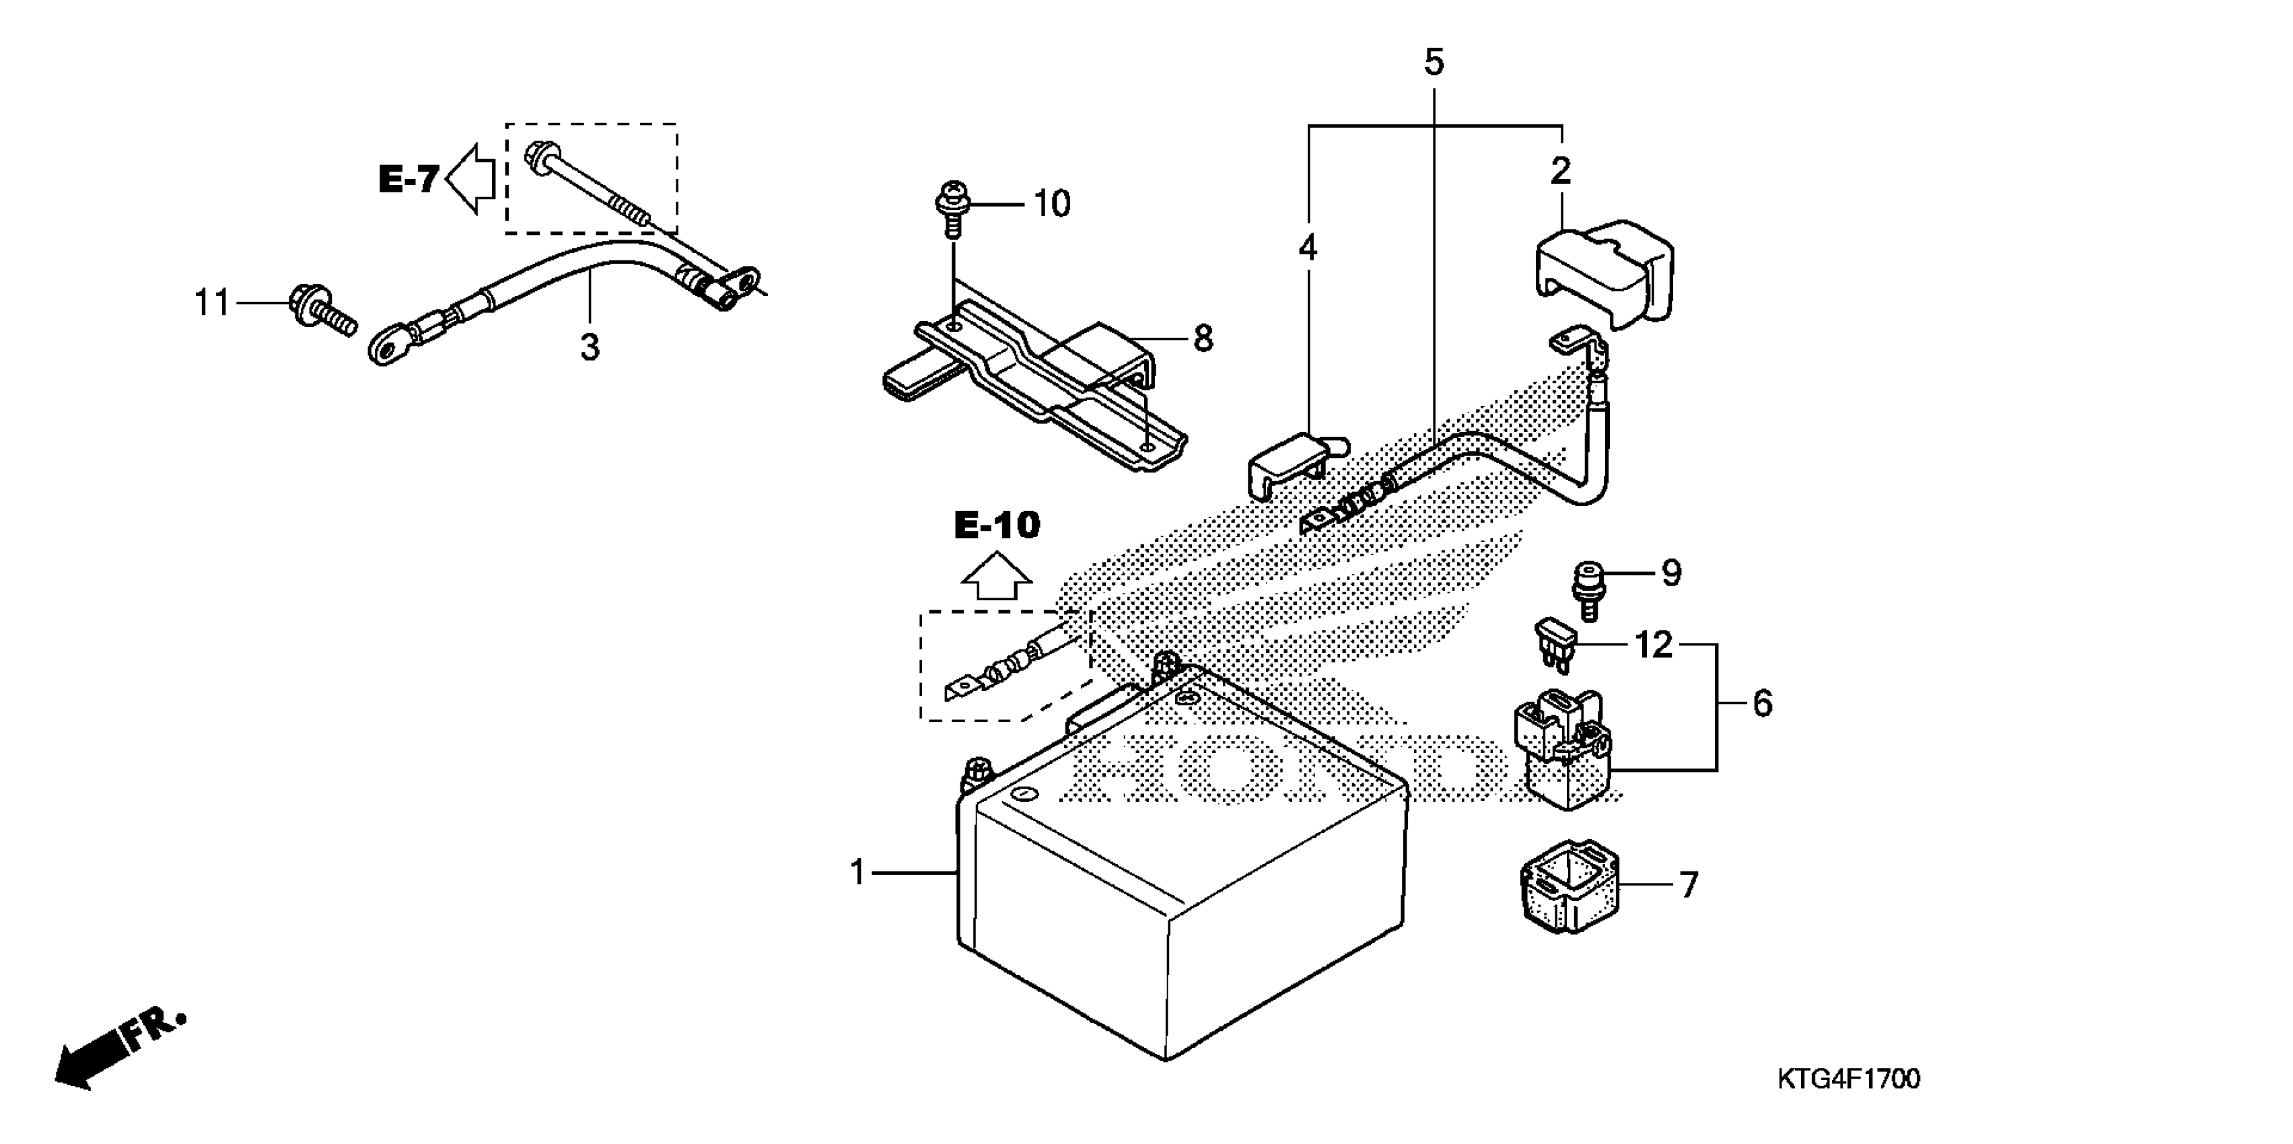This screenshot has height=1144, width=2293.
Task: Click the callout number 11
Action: click(212, 303)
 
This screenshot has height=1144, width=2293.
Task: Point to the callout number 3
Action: click(590, 347)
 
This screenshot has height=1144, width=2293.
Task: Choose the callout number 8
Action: click(1202, 338)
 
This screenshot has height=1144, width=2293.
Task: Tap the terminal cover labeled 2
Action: click(1602, 273)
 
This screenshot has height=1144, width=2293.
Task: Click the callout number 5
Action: click(1433, 63)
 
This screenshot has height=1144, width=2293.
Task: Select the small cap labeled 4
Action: click(1286, 465)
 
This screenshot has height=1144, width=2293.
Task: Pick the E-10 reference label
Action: click(996, 526)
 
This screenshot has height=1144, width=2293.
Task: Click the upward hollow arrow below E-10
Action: click(996, 579)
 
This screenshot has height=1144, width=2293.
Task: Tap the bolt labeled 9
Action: click(1587, 589)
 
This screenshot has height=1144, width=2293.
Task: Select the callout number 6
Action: click(1761, 703)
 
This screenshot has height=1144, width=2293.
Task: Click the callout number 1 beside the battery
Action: click(857, 872)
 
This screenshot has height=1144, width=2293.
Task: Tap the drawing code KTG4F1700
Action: click(1848, 1079)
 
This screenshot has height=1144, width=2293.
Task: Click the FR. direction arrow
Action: click(116, 1050)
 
